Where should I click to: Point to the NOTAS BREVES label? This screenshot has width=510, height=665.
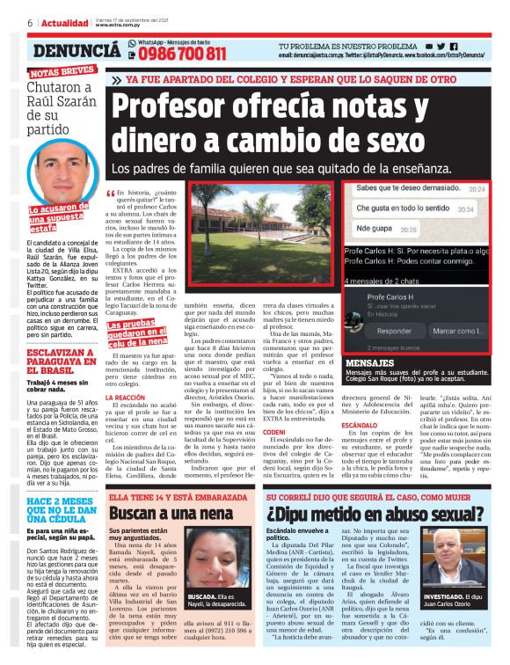[62, 73]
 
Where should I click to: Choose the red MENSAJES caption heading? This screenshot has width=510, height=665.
[346, 362]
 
